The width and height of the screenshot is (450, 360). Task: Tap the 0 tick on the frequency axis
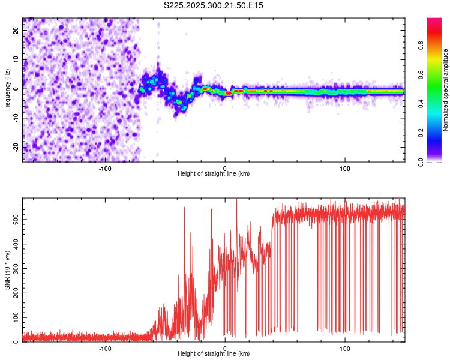[17, 89]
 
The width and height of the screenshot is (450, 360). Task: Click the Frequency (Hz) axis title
[7, 90]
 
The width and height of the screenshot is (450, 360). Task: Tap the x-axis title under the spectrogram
[214, 174]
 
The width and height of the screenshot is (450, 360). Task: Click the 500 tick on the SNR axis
[17, 220]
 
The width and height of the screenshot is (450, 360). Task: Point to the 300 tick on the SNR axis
[17, 269]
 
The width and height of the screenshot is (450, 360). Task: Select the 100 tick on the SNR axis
[17, 317]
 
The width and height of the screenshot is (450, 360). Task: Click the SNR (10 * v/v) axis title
[7, 270]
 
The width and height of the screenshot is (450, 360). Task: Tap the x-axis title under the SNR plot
[214, 354]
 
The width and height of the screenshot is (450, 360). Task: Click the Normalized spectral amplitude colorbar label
[446, 90]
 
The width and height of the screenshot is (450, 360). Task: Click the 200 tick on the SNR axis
[17, 293]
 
